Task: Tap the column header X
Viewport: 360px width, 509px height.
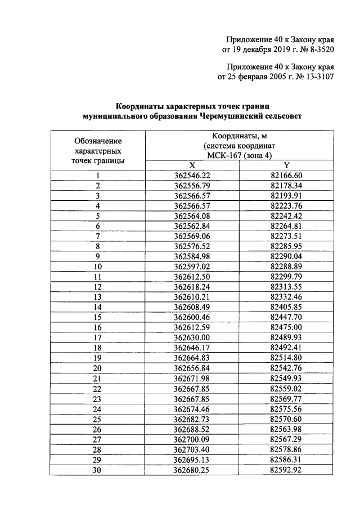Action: point(192,165)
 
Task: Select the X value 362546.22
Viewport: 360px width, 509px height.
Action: point(192,175)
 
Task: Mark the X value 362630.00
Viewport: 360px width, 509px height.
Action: point(192,337)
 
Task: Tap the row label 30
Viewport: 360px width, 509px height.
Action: point(98,469)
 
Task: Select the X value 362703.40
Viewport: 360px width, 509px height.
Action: point(192,449)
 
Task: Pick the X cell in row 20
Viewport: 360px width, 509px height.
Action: point(192,367)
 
